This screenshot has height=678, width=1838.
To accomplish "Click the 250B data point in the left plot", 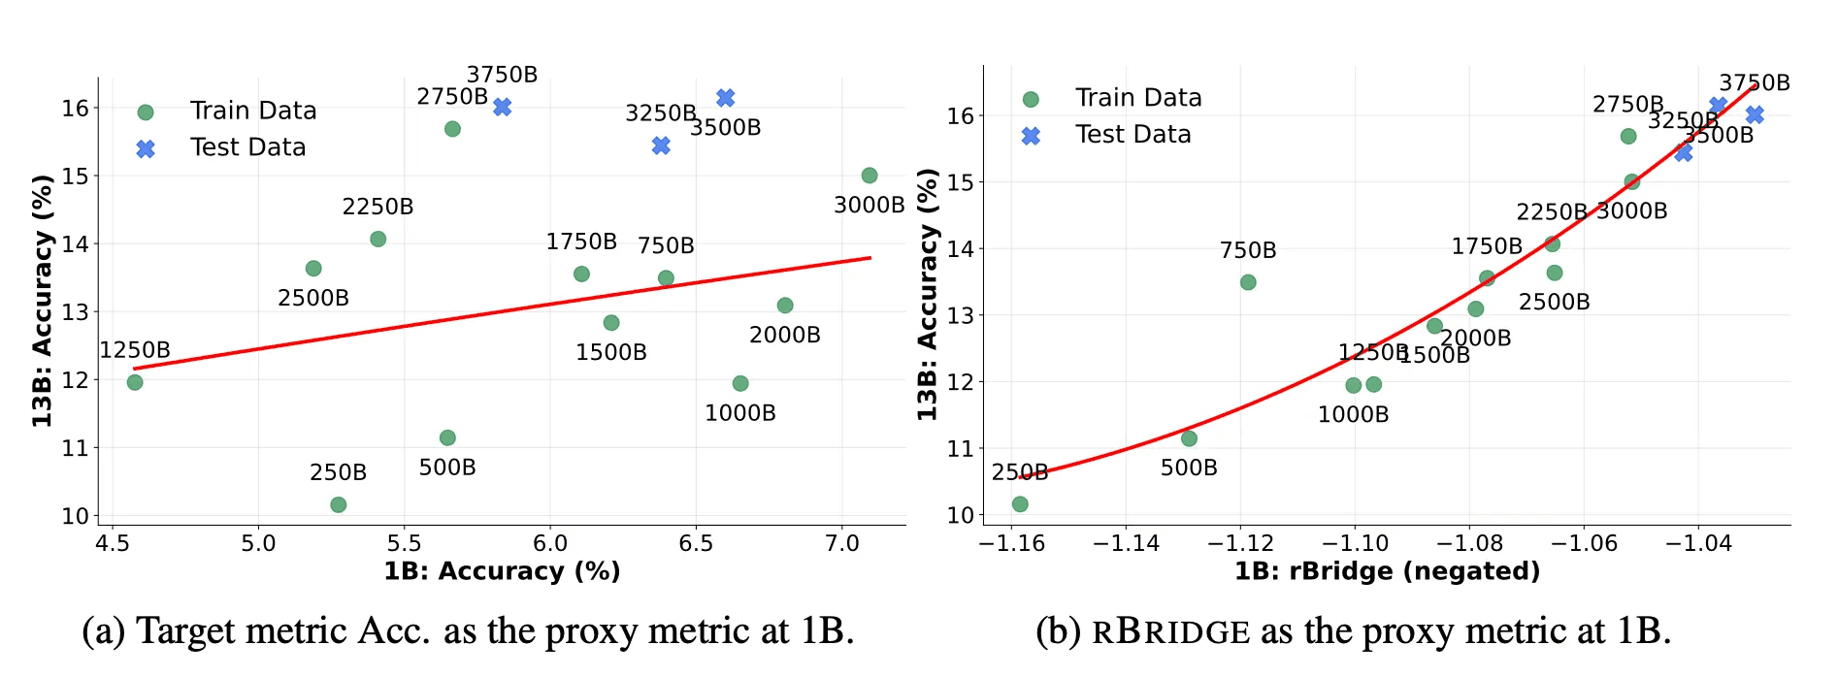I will coord(338,504).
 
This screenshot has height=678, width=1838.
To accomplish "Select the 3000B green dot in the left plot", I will coord(870,176).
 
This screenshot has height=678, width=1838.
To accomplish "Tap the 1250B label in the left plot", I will coord(135,350).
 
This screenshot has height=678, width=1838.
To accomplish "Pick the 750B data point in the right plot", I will coord(1248,282).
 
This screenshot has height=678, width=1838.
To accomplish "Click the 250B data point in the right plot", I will coord(1020,504).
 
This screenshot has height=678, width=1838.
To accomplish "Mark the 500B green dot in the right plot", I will coord(1189,438).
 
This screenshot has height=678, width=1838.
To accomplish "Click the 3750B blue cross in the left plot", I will coord(502,107).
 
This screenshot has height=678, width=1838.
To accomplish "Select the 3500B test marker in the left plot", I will coord(725,98).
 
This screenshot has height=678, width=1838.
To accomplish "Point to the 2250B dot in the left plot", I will coord(378,239).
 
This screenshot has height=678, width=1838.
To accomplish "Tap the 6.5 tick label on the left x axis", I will coord(696,543).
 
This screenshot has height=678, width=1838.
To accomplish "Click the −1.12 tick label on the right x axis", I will coord(1240,543).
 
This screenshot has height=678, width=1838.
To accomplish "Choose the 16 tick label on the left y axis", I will coord(75,108).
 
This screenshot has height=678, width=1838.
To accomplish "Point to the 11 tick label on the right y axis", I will coord(960,448).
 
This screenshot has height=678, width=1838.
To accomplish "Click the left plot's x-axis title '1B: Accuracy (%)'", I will coord(502,571).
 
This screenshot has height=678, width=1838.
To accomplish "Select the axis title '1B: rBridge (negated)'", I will coord(1387,571).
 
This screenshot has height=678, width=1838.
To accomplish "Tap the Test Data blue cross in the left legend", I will coord(146,148).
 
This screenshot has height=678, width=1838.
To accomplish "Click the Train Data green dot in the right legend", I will coord(1031,99).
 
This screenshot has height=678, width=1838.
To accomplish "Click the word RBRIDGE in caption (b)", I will coord(1171,632).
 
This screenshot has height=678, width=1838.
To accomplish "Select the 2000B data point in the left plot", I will coord(785,306).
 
